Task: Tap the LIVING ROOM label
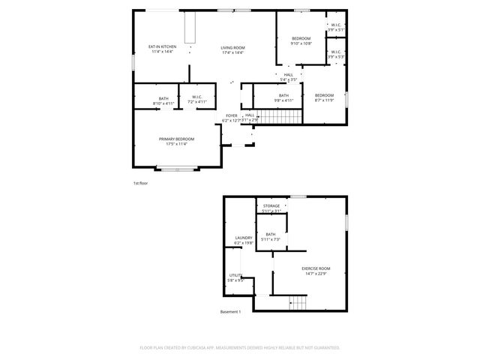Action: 233,49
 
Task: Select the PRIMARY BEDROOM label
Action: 176,141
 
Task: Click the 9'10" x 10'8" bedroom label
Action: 301,40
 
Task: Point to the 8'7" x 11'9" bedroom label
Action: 324,97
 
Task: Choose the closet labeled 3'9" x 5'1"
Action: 335,27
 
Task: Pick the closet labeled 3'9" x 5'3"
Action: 335,54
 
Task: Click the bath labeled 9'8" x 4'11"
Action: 283,97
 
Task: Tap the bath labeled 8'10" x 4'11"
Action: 163,100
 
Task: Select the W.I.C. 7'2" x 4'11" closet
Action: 196,100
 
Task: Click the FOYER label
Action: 231,117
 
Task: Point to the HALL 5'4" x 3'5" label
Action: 288,76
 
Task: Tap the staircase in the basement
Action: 298,302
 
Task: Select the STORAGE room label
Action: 271,208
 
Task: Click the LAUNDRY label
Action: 243,240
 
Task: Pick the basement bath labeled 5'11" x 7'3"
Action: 271,237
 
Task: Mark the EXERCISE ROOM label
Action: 316,270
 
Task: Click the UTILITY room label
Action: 235,279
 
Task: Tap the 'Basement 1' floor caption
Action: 230,311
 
